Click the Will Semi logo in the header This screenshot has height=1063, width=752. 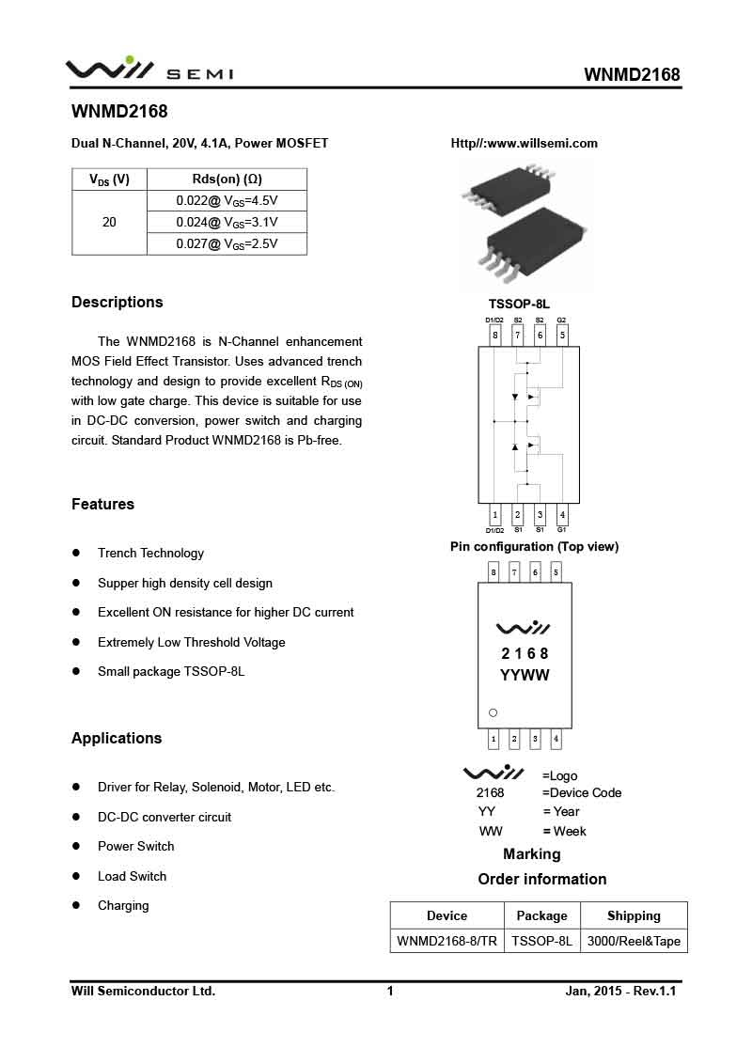coord(149,70)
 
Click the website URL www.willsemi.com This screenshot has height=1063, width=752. coord(525,144)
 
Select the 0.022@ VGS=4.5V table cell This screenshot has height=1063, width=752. coord(227,201)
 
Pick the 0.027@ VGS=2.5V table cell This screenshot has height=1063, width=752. coord(227,244)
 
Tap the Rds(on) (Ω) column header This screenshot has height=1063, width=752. coord(227,180)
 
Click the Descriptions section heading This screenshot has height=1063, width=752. coord(117,303)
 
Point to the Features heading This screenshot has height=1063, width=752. coord(102,505)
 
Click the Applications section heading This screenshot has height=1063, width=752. coord(117,739)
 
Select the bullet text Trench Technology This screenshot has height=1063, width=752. coord(150,554)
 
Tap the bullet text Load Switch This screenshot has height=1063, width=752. coord(132,877)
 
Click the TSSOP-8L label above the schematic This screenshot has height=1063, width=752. coord(519,305)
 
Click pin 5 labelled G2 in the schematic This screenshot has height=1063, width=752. coord(562,335)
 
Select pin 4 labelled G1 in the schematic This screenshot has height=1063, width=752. coord(562,515)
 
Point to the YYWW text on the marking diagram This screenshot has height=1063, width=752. coord(525,676)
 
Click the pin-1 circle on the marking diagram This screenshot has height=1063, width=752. coord(493,712)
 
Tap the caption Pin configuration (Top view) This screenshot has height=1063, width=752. coord(534,547)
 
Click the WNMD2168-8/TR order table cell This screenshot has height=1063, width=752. coord(446,941)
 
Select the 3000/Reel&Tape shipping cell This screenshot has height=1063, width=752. coord(634,941)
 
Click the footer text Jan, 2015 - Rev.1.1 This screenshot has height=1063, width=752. coord(621,992)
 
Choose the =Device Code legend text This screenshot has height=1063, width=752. coord(582,793)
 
